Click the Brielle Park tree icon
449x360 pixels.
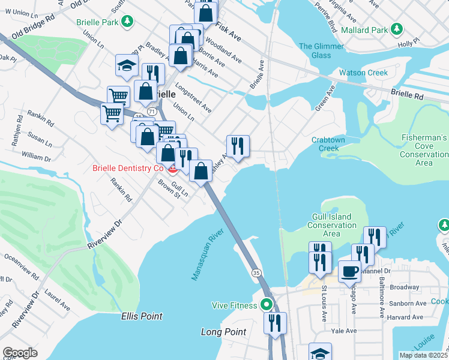[x=127, y=22]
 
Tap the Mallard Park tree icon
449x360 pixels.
[x=396, y=29]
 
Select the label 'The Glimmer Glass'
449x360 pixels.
[x=322, y=50]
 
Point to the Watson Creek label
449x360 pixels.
[x=363, y=73]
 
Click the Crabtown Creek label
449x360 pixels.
[x=330, y=144]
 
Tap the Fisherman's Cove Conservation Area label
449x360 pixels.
[x=424, y=150]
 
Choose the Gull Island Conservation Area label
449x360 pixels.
[x=331, y=225]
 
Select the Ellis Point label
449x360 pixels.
[x=142, y=316]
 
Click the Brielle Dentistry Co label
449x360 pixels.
[x=128, y=168]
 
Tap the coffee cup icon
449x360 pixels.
[x=349, y=271]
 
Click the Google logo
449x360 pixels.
[x=20, y=352]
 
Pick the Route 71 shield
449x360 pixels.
[x=151, y=112]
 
